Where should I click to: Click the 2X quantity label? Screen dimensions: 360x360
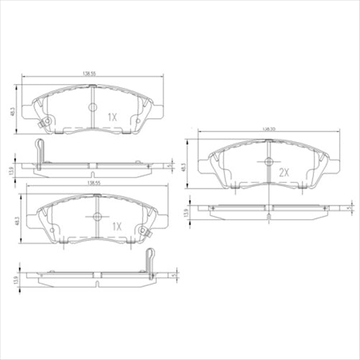pyautogui.click(x=283, y=172)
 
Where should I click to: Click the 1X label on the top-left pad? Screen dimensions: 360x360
pyautogui.click(x=112, y=116)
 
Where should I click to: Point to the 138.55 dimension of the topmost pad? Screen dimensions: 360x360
pyautogui.click(x=90, y=73)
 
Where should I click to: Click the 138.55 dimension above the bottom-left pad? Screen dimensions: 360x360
pyautogui.click(x=93, y=183)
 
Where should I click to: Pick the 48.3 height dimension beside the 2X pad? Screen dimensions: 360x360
pyautogui.click(x=184, y=166)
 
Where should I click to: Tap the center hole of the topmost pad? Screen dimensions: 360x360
pyautogui.click(x=92, y=107)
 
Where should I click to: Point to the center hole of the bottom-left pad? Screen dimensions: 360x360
pyautogui.click(x=97, y=216)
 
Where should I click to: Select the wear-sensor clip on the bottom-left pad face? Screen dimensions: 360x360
pyautogui.click(x=144, y=232)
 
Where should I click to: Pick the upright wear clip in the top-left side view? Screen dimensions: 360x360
pyautogui.click(x=40, y=151)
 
